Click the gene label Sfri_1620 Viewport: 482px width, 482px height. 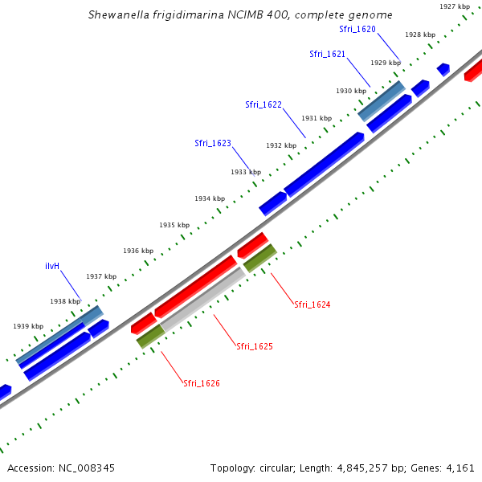click(x=357, y=29)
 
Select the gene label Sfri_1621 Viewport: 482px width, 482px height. click(x=327, y=54)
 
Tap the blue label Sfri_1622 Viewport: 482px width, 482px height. click(x=263, y=104)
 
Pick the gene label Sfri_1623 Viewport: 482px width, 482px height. click(x=213, y=143)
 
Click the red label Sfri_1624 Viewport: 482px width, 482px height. click(x=312, y=304)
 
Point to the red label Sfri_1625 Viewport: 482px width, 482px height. click(x=255, y=346)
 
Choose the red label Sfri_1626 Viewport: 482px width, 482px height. click(x=202, y=383)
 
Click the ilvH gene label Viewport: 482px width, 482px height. click(x=53, y=265)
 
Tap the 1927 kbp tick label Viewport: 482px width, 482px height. click(x=455, y=6)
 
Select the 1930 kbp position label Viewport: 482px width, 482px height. click(x=350, y=91)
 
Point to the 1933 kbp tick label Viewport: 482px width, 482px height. click(x=246, y=172)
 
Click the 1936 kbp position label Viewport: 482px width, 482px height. click(x=138, y=251)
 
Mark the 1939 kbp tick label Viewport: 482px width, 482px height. click(x=28, y=326)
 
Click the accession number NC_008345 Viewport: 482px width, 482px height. click(x=86, y=468)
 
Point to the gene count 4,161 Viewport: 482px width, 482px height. click(x=461, y=468)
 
